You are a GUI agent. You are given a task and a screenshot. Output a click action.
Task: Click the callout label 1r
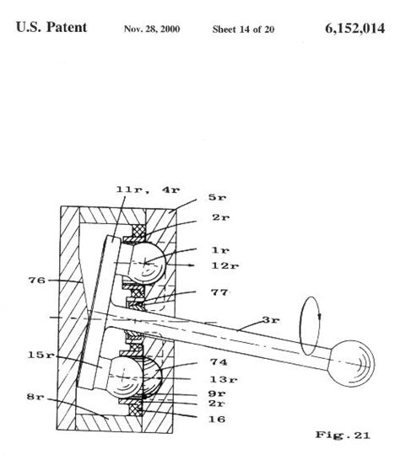(219, 249)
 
